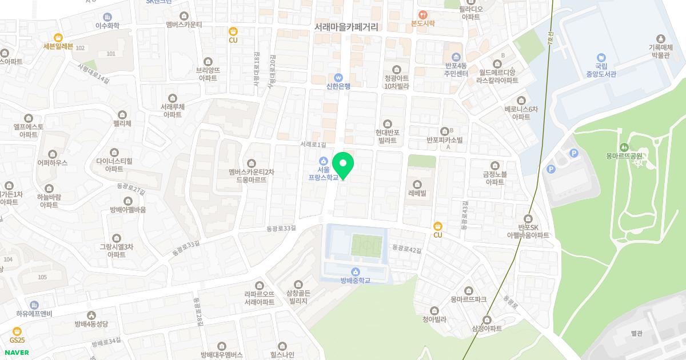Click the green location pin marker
click(343, 165)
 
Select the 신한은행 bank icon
click(338, 77)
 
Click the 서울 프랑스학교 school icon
click(324, 160)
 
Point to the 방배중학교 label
click(356, 280)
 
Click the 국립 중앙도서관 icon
click(601, 58)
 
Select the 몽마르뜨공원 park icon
click(624, 146)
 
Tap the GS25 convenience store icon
click(17, 330)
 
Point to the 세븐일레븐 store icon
click(58, 37)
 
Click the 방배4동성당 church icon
click(91, 315)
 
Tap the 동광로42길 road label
click(406, 249)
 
